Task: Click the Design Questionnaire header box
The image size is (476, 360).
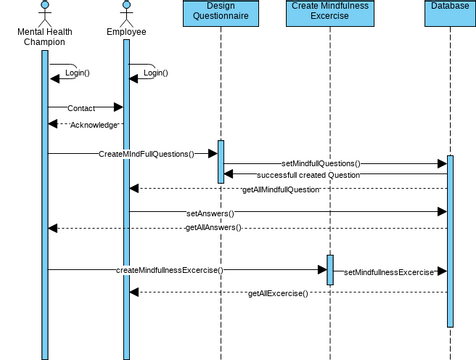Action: point(220,13)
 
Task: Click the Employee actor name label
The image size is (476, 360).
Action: point(126,32)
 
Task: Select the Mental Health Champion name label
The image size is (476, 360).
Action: point(44,36)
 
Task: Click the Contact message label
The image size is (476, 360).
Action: point(82,108)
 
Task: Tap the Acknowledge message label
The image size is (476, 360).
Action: point(94,125)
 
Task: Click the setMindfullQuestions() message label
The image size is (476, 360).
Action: point(320,163)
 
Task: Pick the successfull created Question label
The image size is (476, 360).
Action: point(307,175)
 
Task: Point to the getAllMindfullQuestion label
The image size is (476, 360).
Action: point(282,189)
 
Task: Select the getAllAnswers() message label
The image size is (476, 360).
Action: point(213,228)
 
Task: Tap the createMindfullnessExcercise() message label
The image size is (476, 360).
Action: point(169,270)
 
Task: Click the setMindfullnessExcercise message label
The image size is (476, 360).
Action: point(389,272)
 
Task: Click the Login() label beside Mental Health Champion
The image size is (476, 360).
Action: point(77,73)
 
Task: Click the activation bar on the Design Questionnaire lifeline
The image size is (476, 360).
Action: point(221,161)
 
